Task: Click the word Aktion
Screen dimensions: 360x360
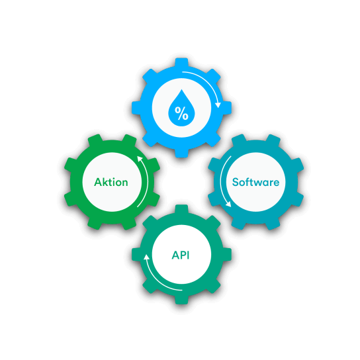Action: click(111, 182)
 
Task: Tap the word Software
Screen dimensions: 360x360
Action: click(255, 182)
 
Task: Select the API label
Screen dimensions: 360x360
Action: click(181, 255)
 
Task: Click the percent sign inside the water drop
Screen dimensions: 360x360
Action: click(181, 113)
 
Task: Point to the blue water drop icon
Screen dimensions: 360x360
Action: click(181, 108)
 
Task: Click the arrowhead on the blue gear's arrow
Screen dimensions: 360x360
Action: click(218, 105)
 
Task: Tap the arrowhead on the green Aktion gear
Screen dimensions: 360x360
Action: click(140, 159)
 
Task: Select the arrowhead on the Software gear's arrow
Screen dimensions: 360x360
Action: click(228, 204)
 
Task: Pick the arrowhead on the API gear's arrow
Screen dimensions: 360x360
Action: click(146, 257)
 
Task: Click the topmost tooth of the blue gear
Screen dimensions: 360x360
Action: click(181, 62)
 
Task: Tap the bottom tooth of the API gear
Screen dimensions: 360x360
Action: click(181, 300)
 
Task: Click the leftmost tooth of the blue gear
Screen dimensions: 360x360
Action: click(136, 108)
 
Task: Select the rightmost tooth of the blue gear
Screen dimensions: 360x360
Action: click(227, 108)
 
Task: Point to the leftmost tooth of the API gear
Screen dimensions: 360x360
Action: click(136, 255)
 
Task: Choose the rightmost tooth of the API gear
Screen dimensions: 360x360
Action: click(227, 255)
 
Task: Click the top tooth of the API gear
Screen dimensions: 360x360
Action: click(181, 209)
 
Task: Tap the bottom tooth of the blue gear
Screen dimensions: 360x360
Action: click(181, 153)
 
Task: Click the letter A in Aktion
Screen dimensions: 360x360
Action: click(98, 182)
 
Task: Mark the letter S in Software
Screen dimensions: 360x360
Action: click(235, 182)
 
